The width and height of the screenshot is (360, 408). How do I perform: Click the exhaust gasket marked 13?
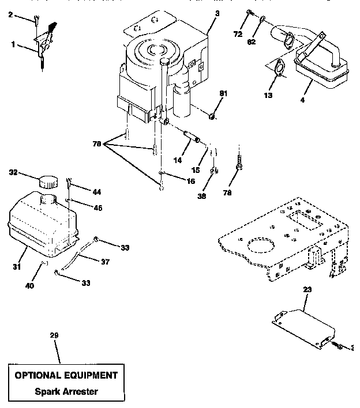click(x=279, y=69)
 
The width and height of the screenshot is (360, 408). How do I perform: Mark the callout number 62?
click(x=252, y=42)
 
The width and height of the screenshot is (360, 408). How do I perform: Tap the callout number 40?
click(x=28, y=285)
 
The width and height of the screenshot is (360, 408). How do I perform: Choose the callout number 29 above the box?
click(x=55, y=335)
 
